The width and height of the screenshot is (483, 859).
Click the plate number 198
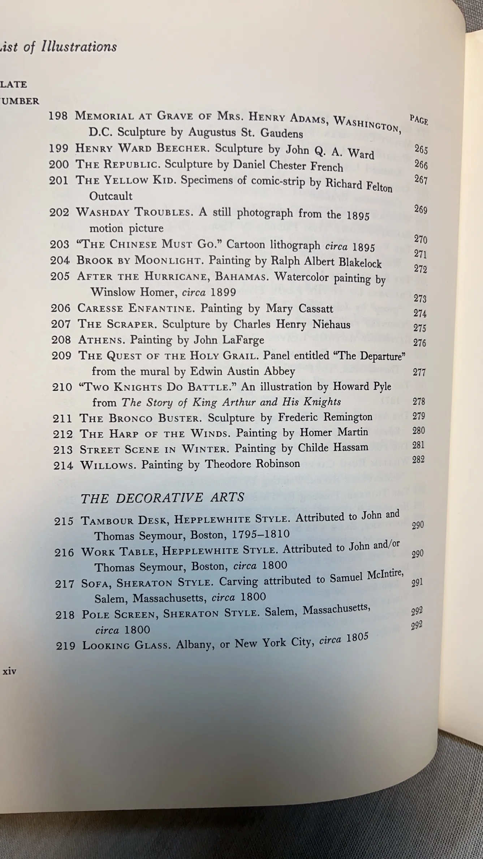58,116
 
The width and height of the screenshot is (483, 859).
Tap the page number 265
421,149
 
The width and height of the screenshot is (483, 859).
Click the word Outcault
111,196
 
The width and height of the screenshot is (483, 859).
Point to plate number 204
60,260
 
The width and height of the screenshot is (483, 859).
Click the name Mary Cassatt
299,309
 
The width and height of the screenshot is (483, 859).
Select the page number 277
419,372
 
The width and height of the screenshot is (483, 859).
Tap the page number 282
418,460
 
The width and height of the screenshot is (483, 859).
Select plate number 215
64,521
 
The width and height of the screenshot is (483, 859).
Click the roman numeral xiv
9,672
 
